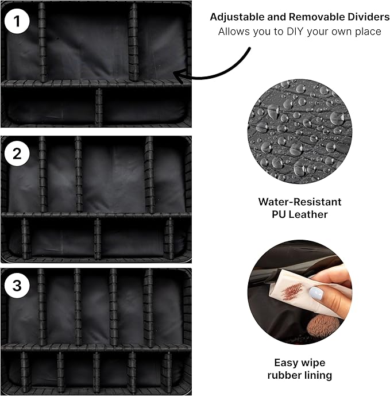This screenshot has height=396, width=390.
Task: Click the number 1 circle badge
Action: point(17,21)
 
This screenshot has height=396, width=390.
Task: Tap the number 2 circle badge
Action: point(17,153)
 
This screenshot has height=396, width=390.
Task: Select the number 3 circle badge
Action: point(17,286)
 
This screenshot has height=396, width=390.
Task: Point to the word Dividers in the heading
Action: point(368,17)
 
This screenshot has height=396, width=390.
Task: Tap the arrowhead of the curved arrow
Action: point(178,76)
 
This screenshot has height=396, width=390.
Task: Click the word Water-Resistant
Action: point(300,202)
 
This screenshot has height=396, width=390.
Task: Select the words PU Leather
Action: point(300,214)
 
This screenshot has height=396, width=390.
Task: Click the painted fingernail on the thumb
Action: point(316,293)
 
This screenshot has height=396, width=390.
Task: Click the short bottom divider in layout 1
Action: point(99,106)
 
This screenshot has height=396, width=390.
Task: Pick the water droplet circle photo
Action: point(300,132)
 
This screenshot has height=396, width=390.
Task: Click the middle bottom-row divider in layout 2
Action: point(98,239)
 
